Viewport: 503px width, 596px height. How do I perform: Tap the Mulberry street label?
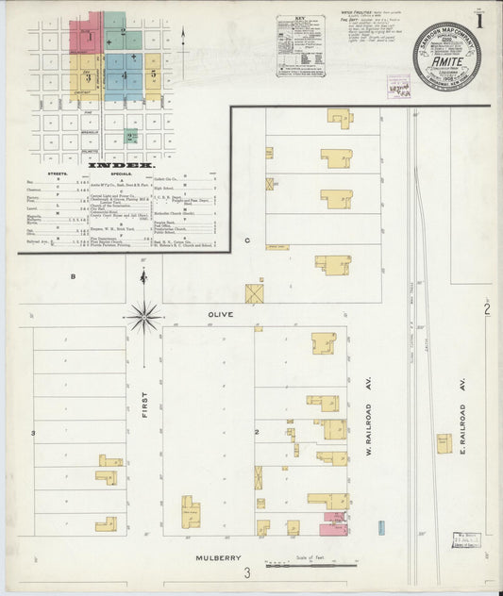(214, 558)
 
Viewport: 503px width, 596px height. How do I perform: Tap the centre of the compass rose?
(143, 317)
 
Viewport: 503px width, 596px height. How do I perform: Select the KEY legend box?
(300, 44)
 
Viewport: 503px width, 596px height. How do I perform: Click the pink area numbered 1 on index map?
(87, 35)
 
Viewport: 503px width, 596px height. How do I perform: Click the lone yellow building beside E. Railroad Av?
(444, 442)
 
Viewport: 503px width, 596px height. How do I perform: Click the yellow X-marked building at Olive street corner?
(254, 293)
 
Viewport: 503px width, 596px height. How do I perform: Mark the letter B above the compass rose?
(72, 276)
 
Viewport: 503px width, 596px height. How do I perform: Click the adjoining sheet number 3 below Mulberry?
(248, 573)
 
